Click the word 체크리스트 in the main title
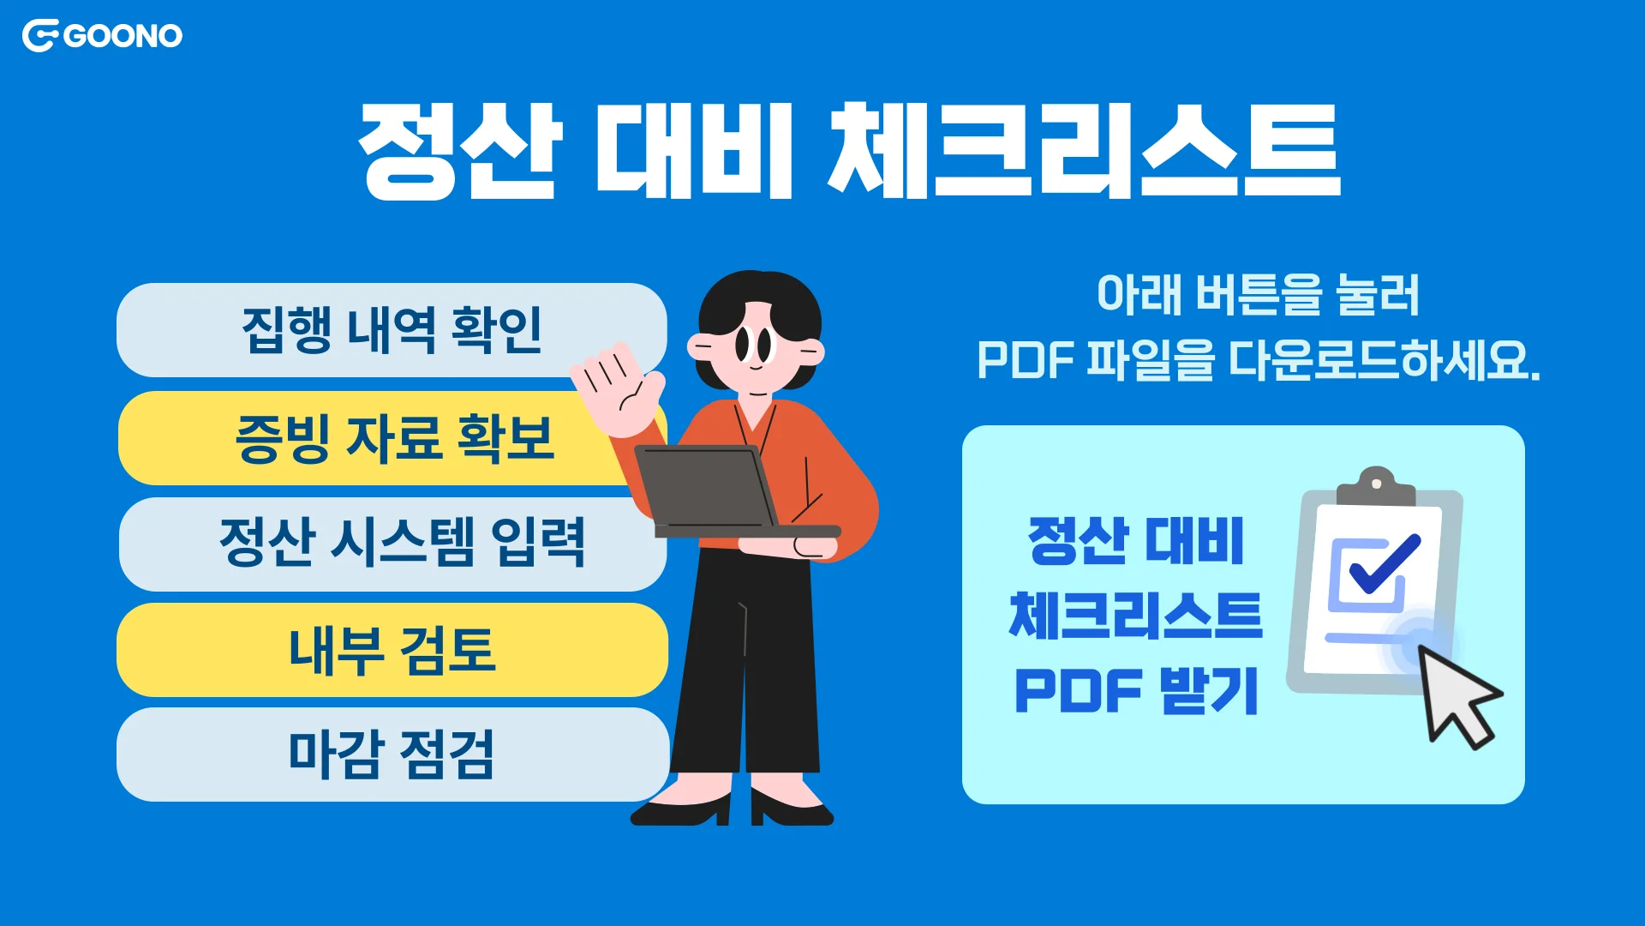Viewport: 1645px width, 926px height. tap(1084, 150)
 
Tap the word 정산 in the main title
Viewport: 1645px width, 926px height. tap(460, 150)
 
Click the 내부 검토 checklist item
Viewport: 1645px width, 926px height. tap(392, 649)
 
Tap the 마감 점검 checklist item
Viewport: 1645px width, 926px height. tap(392, 755)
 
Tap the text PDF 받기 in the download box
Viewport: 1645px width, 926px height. tap(1136, 690)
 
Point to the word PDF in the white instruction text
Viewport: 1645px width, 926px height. tap(1025, 360)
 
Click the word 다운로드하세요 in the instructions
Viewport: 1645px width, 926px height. tap(1384, 360)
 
